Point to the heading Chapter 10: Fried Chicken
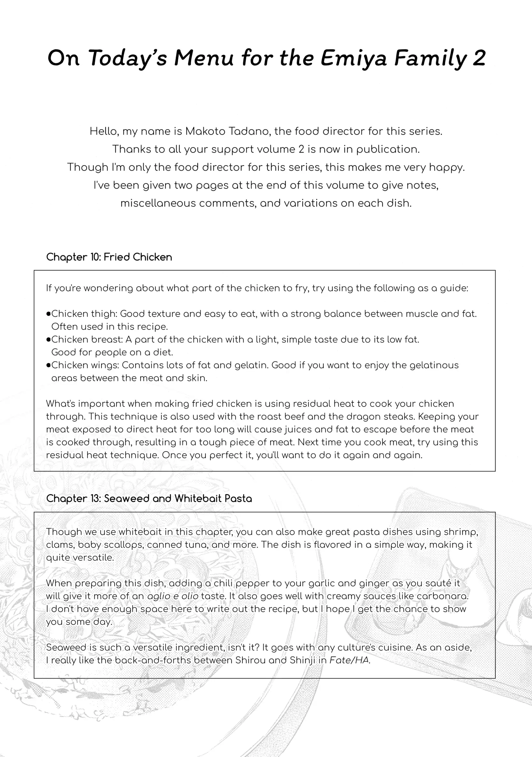pyautogui.click(x=109, y=257)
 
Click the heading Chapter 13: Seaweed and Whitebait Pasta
pyautogui.click(x=149, y=498)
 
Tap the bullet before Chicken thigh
pyautogui.click(x=48, y=314)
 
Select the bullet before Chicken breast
pyautogui.click(x=48, y=339)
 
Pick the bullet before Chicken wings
pyautogui.click(x=48, y=365)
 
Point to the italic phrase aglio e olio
pyautogui.click(x=173, y=596)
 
